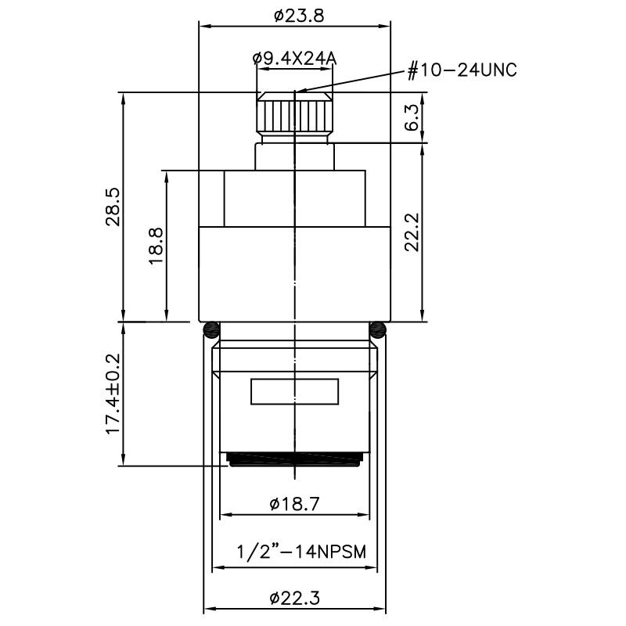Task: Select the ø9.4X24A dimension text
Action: (x=293, y=57)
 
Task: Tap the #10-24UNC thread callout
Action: (x=462, y=70)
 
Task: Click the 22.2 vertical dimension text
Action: (x=412, y=232)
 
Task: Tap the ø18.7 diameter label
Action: (x=294, y=504)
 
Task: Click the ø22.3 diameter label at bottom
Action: (x=294, y=599)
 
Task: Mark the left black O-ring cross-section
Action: (x=209, y=327)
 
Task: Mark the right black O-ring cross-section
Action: (x=379, y=327)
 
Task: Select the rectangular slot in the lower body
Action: (x=294, y=391)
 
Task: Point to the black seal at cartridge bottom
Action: (x=294, y=459)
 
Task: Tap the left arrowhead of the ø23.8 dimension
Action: (x=205, y=25)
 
